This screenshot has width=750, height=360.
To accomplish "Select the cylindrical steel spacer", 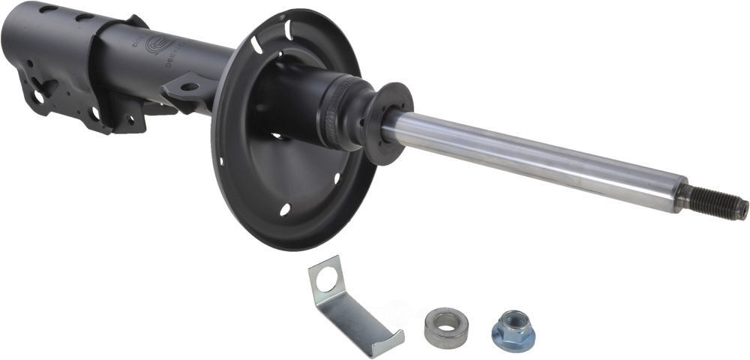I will pyautogui.click(x=445, y=327).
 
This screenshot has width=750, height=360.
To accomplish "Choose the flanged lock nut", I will pyautogui.click(x=514, y=330).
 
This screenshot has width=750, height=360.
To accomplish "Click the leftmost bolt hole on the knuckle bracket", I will pyautogui.click(x=37, y=97).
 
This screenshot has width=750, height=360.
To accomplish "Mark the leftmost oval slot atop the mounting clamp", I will pyautogui.click(x=48, y=9).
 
